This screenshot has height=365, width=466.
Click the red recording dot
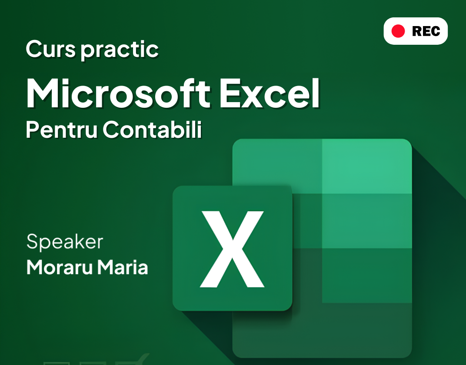398,31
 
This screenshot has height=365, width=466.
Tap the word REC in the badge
426,31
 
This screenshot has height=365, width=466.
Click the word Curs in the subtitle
50,49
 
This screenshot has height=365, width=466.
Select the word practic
120,50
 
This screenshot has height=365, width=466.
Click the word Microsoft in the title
118,93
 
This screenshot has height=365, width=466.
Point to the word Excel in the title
270,93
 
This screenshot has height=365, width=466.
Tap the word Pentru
62,129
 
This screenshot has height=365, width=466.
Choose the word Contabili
153,129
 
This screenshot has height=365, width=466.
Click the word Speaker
65,242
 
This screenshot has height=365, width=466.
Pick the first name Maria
123,267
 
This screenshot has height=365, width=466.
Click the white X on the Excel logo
232,249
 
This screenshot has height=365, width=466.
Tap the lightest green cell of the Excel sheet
367,166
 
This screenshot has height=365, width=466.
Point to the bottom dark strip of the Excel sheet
322,330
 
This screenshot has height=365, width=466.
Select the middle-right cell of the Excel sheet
367,221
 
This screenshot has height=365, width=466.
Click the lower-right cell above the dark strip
367,275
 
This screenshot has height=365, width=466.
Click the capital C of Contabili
112,130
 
